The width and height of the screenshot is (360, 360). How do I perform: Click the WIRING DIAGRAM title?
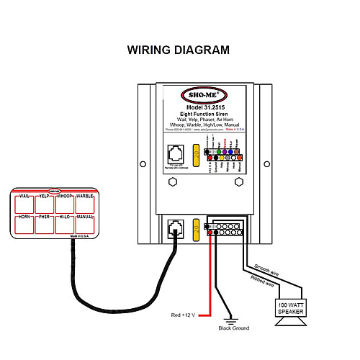click(x=179, y=50)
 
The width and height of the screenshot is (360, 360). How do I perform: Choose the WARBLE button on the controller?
click(x=84, y=204)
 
